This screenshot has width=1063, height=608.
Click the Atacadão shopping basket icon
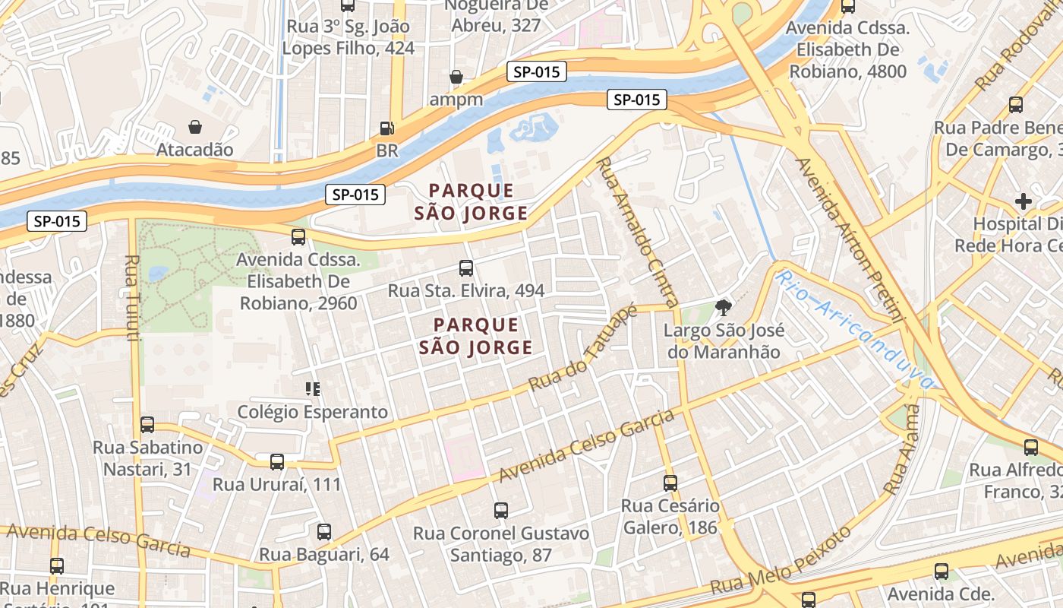point(195,126)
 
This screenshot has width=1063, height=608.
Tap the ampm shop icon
point(456,77)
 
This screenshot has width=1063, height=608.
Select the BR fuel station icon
point(386,128)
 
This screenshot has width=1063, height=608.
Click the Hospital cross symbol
point(1024,201)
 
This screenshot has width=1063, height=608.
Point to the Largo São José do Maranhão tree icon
point(723,308)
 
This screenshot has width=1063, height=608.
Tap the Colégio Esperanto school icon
point(312,389)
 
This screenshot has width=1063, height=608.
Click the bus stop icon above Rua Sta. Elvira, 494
point(466,268)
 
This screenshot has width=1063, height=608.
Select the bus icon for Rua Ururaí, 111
point(277,461)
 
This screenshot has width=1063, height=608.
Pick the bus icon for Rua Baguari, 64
point(324,531)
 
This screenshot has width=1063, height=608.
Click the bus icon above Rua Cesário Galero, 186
point(670,483)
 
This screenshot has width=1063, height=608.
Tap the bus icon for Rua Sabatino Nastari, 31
point(147,424)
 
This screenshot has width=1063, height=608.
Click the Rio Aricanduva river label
point(853,330)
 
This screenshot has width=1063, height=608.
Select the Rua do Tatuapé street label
point(582,349)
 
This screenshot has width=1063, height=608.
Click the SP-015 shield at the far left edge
point(57,222)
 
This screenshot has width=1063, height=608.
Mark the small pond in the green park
point(159,273)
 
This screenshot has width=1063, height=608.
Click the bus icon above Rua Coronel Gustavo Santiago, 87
point(500,510)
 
